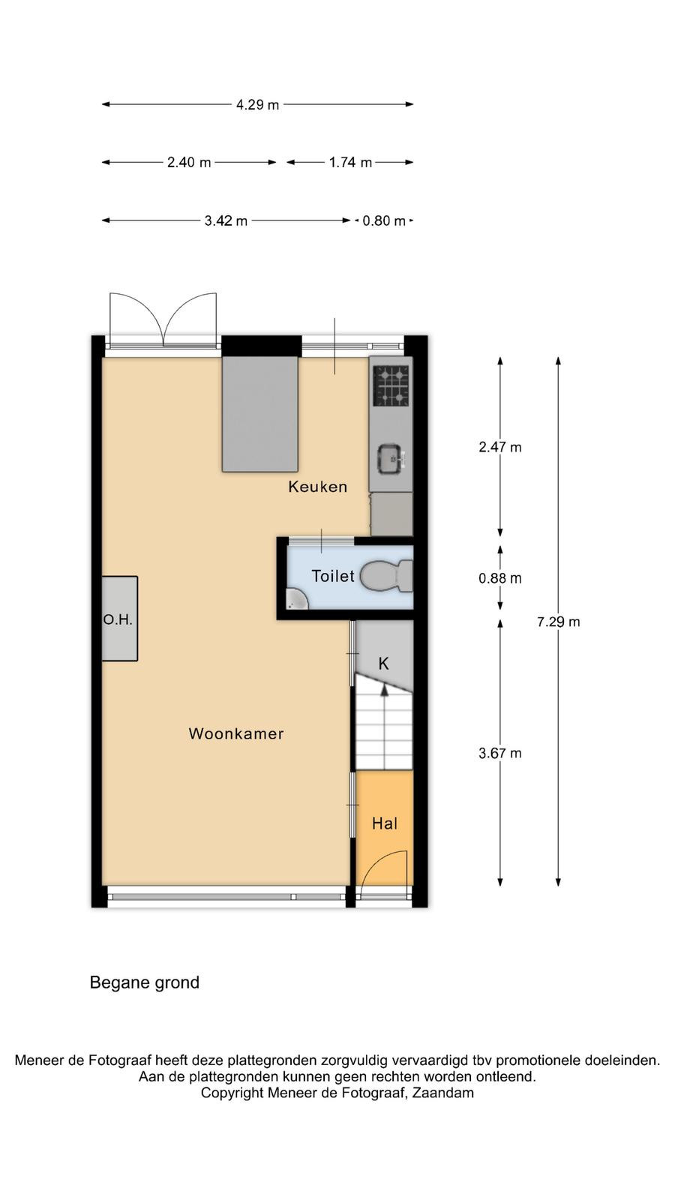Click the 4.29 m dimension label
pos(258,104)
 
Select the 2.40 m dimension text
pos(189,162)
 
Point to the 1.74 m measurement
pos(350,162)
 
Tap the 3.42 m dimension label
pos(226,220)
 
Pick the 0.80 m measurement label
pos(384,220)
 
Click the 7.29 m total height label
pos(559,622)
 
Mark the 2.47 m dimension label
pos(500,447)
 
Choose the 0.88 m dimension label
pos(500,578)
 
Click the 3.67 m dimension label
pos(500,754)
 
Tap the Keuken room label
pos(318,487)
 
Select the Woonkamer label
pos(236,734)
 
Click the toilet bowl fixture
pos(386,577)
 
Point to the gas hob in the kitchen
pos(391,385)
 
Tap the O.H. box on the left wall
pos(120,619)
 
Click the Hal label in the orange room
pos(385,823)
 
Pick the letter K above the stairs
pos(383,664)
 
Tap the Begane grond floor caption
pos(145,982)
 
